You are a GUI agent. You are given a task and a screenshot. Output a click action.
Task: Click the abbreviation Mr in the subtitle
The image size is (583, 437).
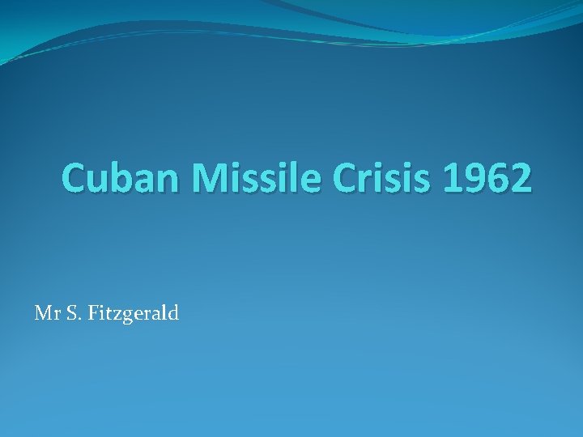pyautogui.click(x=44, y=312)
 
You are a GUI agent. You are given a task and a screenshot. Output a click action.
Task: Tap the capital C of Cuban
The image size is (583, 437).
pyautogui.click(x=74, y=179)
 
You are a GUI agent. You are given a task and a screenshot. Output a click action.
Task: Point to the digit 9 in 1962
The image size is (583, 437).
pyautogui.click(x=477, y=179)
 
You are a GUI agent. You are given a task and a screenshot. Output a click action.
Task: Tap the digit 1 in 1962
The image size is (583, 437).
pyautogui.click(x=456, y=179)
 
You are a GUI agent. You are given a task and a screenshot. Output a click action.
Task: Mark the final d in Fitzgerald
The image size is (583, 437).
pyautogui.click(x=172, y=312)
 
